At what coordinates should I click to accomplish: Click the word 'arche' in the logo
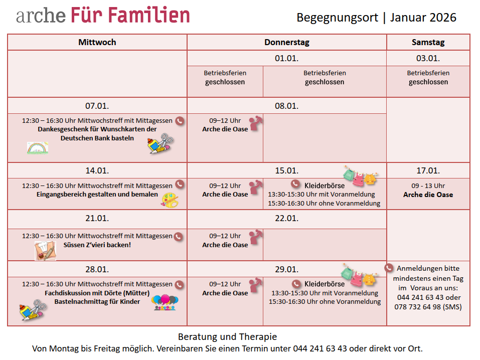point(40,16)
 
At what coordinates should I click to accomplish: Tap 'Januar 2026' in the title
point(423,18)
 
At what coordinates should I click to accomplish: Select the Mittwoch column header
point(97,42)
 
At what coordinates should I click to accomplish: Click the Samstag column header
point(428,42)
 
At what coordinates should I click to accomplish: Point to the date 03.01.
point(428,58)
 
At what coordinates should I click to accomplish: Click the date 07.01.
point(97,106)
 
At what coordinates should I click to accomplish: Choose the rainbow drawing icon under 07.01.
point(38,147)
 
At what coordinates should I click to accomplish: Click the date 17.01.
point(428,170)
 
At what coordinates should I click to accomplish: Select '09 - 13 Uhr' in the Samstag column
point(428,186)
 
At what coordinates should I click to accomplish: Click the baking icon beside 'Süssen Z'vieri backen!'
point(45,250)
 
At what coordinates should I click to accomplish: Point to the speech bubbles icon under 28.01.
point(165,302)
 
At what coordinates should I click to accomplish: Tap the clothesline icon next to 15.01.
point(360,174)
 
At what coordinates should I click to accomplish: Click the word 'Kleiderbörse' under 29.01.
point(325,284)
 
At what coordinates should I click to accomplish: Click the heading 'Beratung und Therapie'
point(227,337)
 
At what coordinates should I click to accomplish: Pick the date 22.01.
point(286,219)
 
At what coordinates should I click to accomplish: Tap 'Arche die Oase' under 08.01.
point(225,129)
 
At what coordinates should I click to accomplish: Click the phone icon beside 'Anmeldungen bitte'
point(390,268)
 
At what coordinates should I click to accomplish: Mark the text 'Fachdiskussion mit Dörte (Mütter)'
point(98,293)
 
